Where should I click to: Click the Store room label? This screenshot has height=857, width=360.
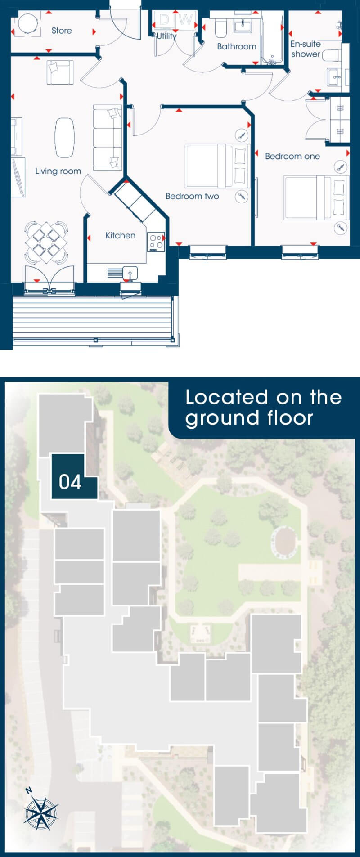[62, 31]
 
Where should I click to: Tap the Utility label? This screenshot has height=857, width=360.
[166, 36]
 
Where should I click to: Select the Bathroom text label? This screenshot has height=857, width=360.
[237, 46]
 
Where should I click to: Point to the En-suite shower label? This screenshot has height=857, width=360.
[306, 49]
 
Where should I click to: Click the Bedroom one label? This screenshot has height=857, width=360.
[292, 156]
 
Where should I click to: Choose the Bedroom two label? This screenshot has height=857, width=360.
[192, 196]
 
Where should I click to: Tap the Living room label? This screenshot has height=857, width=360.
[58, 171]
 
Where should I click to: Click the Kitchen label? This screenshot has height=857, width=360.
[120, 235]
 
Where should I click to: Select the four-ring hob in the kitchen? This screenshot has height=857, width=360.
[157, 242]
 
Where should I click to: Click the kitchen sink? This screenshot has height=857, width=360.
[130, 273]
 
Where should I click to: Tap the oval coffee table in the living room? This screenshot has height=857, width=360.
[65, 138]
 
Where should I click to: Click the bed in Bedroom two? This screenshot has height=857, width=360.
[217, 165]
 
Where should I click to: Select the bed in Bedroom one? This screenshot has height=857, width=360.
[316, 197]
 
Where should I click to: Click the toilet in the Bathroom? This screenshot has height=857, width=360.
[221, 28]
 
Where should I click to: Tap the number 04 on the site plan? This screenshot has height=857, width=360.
[70, 482]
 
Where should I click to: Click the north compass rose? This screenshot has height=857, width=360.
[40, 812]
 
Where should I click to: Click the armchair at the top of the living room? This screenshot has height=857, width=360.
[60, 72]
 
